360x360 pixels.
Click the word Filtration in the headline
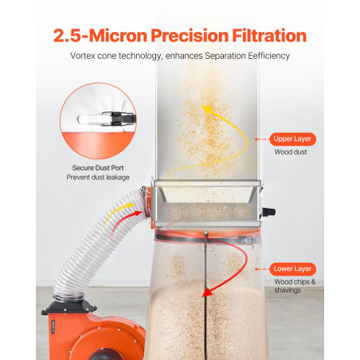click(269, 36)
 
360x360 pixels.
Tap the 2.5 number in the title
click(67, 36)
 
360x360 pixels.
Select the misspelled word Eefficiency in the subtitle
click(268, 56)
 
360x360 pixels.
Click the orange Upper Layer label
click(292, 139)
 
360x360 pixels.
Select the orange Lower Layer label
click(292, 269)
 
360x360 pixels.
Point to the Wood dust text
click(291, 152)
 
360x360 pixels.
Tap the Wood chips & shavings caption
click(295, 286)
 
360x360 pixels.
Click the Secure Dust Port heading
click(98, 168)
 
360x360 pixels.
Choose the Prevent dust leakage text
click(98, 178)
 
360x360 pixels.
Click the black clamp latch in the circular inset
click(119, 119)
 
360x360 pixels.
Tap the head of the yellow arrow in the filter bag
click(208, 109)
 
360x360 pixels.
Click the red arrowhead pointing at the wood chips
click(208, 292)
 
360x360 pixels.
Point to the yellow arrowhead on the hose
click(130, 205)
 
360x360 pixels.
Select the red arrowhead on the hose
click(138, 213)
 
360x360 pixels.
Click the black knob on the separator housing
click(268, 212)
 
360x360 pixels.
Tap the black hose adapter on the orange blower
click(69, 308)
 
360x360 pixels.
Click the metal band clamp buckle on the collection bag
click(250, 241)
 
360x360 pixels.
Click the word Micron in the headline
click(118, 36)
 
